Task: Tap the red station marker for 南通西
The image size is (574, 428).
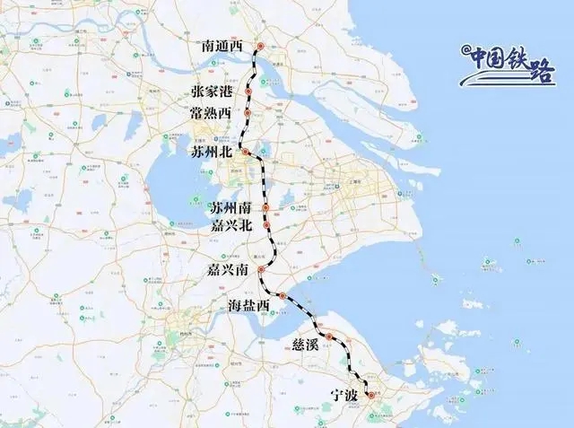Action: [x=260, y=46]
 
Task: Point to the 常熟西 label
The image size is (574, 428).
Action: [x=211, y=113]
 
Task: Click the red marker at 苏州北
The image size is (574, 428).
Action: [x=244, y=153]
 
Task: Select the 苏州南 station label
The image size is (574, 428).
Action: [x=231, y=207]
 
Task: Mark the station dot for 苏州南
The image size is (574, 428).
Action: [x=266, y=207]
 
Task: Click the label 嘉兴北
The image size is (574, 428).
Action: [x=231, y=225]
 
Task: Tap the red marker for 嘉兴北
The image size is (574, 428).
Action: [x=266, y=224]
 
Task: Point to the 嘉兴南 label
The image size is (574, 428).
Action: [x=227, y=269]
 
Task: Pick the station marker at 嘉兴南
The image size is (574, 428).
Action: [x=261, y=269]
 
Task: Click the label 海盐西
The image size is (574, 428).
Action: [x=248, y=307]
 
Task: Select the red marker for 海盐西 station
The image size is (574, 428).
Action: [x=282, y=296]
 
